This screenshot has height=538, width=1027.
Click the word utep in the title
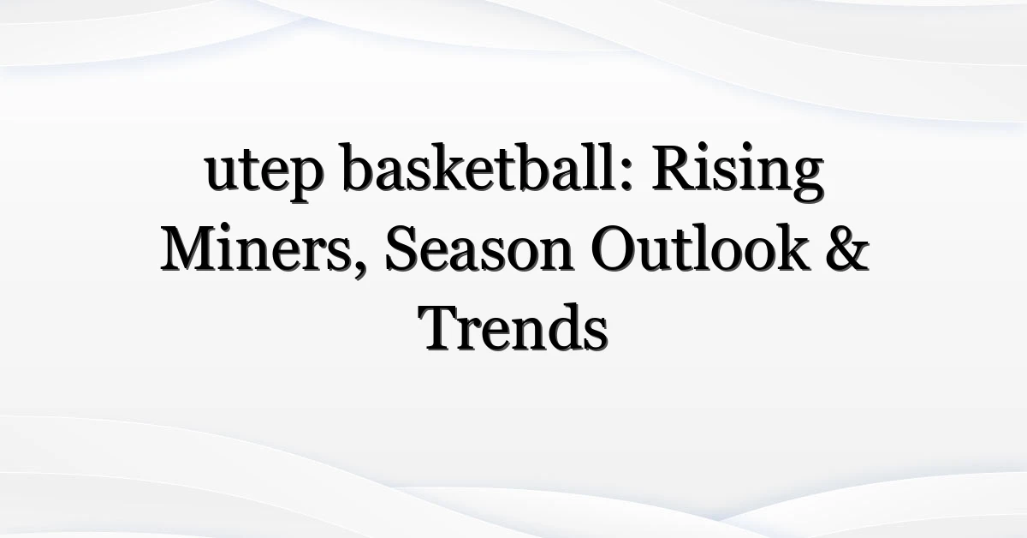coord(264,172)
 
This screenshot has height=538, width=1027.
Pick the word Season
coord(479,248)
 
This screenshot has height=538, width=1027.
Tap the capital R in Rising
coord(674,168)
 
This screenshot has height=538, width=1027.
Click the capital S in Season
coord(403,248)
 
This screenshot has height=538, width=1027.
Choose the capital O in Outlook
coord(614,248)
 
